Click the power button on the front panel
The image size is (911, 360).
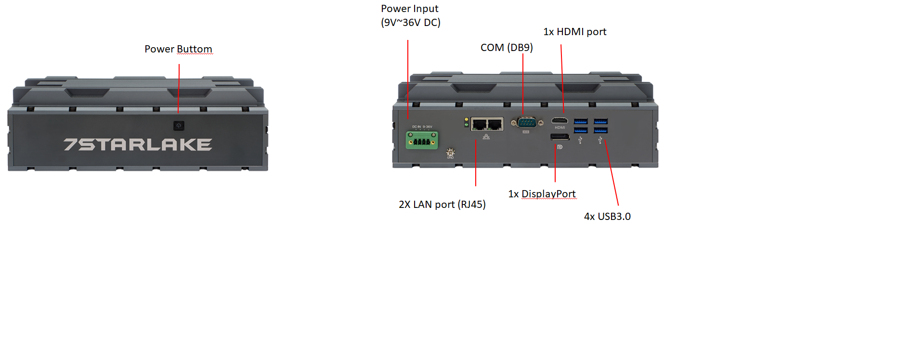pos(179,126)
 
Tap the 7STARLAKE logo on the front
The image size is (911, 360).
pos(138,144)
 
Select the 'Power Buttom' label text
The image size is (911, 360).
pos(178,49)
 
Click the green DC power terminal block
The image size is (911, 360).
pos(422,141)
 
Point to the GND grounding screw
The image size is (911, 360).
pos(451,152)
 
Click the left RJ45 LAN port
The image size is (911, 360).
pos(479,124)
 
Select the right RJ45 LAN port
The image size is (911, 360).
pos(495,124)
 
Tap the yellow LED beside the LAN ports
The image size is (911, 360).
pos(466,119)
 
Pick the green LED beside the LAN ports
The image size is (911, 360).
pos(466,125)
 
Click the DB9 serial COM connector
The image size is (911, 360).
pos(526,123)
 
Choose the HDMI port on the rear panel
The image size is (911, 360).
pos(560,120)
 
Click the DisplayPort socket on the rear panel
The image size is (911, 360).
pos(560,138)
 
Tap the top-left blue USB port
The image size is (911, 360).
pos(581,121)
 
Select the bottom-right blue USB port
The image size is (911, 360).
pos(600,130)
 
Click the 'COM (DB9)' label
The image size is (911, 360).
pos(507,48)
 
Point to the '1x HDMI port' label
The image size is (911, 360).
pos(574,32)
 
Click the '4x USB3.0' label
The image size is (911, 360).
pos(607,217)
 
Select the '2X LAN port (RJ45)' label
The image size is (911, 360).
pos(442,205)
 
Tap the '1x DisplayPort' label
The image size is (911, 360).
pos(542,194)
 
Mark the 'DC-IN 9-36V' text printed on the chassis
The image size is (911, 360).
pos(422,127)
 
